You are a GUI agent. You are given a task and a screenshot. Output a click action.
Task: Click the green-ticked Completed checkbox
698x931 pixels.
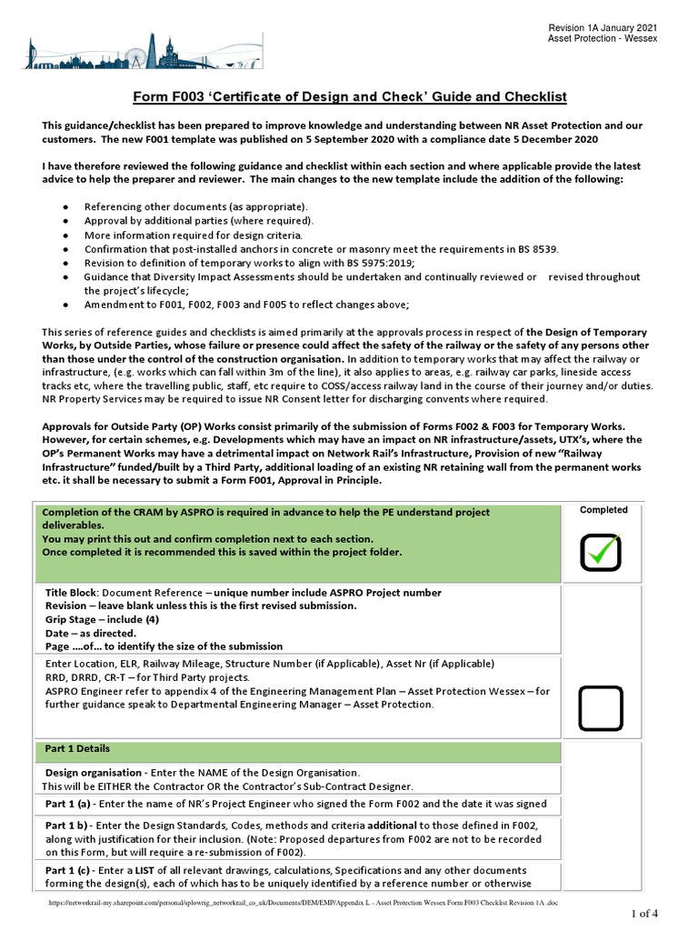tap(601, 553)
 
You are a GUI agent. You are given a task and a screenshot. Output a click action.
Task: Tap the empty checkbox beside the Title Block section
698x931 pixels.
tap(601, 708)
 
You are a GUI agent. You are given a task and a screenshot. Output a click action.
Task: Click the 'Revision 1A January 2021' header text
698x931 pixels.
tap(603, 28)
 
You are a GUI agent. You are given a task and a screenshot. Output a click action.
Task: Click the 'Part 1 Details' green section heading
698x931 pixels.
tap(77, 749)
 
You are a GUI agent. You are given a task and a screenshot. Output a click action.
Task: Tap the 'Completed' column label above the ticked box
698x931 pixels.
tap(603, 510)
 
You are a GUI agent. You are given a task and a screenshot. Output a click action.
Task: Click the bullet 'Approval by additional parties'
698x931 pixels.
tap(198, 221)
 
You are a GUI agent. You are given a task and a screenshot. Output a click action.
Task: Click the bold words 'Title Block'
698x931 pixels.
tap(70, 593)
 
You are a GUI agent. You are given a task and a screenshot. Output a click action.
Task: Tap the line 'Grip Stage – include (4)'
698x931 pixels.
tap(103, 619)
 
